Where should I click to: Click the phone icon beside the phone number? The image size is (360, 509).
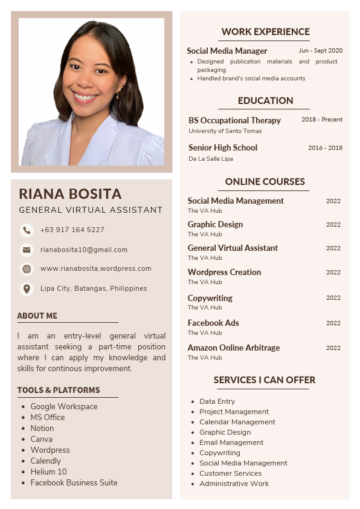(27, 230)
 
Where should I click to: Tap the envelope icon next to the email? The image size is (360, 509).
(27, 250)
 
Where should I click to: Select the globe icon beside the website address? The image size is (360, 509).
(27, 269)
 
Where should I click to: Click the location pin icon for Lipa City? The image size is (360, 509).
(27, 288)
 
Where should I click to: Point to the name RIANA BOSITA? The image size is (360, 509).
(70, 194)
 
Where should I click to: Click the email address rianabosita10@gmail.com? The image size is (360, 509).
(84, 250)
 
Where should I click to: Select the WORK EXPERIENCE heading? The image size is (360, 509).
(265, 32)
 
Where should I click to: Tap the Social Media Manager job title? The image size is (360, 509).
(227, 51)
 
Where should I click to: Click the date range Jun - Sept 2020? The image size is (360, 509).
(320, 51)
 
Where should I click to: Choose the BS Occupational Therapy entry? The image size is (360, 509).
(234, 120)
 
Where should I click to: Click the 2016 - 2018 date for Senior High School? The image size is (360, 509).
(325, 148)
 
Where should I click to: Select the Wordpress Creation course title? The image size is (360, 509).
(224, 272)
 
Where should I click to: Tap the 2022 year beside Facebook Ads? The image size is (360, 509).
(333, 323)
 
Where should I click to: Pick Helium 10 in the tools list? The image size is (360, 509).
(48, 472)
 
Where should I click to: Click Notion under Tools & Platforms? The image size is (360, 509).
(42, 428)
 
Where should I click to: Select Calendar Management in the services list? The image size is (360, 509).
(237, 422)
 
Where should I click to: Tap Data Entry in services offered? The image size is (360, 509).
(217, 401)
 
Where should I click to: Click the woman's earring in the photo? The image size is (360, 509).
(119, 94)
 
